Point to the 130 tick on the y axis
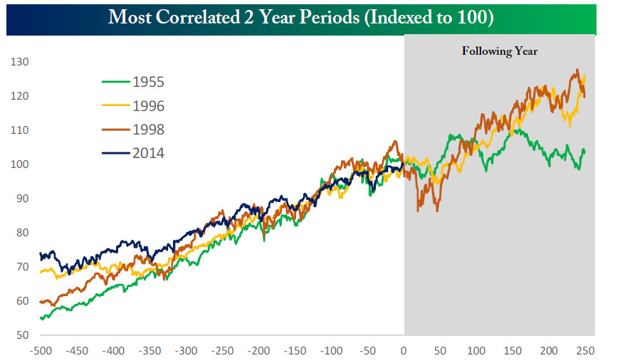coord(19,62)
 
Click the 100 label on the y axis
coord(19,164)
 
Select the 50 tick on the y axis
coord(21,335)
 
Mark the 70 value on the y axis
coord(21,267)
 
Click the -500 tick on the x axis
coord(41,351)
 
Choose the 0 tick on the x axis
coord(404,351)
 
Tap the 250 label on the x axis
coord(585,351)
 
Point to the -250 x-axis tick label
coord(222,351)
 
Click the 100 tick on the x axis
coord(476,351)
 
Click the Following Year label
coord(500,51)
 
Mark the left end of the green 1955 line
coord(41,318)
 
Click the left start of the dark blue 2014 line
coord(41,253)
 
